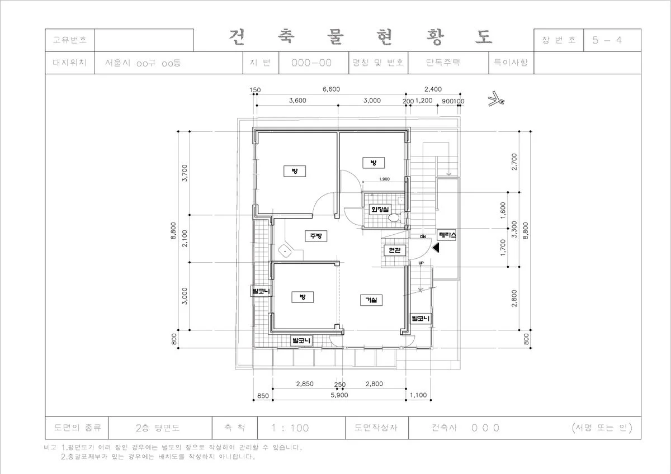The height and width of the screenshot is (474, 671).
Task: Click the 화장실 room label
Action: point(380,209)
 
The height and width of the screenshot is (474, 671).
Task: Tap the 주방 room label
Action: point(316,236)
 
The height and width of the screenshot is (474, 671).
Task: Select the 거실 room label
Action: point(371,300)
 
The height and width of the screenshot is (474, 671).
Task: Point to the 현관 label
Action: point(395,250)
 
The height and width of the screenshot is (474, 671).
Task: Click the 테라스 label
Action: point(447,235)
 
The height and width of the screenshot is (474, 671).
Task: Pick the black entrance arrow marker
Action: point(436,248)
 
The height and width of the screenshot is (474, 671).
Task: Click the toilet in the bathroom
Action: point(395,217)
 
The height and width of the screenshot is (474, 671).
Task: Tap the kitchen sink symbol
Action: point(285,251)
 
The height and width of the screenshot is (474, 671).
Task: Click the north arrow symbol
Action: point(496,99)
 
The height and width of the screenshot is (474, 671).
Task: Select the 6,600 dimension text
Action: point(331,89)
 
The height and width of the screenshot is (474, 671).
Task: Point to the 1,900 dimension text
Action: point(384,179)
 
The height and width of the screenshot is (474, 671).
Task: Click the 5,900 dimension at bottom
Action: point(339,395)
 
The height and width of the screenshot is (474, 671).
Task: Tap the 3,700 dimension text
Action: point(185,173)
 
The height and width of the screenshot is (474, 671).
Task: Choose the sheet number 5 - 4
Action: point(607,40)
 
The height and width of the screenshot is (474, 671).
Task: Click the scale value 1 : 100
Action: point(290,428)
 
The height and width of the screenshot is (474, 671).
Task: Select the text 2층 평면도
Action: point(158,428)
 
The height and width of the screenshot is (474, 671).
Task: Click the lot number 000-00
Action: point(311,63)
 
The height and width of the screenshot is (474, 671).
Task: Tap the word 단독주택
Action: point(443,62)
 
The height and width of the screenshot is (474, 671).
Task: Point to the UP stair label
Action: point(421,263)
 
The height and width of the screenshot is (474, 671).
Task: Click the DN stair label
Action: point(423,236)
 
